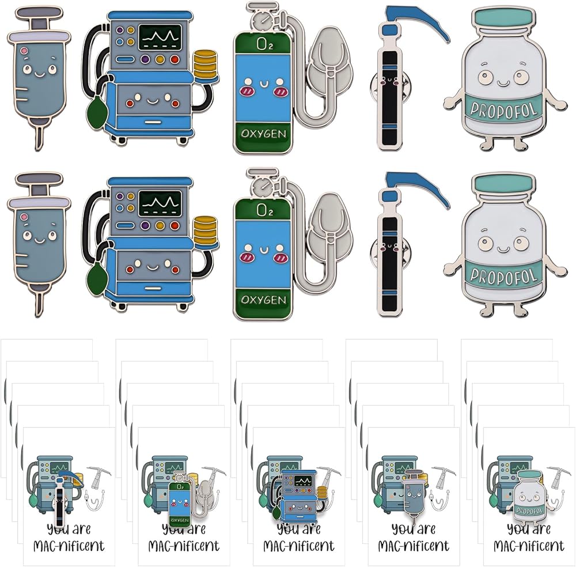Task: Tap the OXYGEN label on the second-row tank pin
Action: (263, 300)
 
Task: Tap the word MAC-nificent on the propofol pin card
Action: (529, 546)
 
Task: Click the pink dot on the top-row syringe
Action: (24, 51)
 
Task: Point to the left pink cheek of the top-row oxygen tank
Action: (246, 90)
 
